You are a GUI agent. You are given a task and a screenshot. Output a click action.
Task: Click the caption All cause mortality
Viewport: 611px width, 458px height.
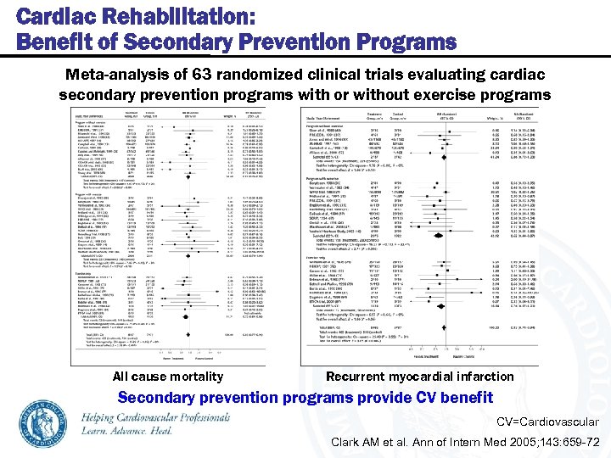pos(167,377)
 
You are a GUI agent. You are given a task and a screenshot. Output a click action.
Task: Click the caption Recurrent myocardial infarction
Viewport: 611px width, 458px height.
pos(420,377)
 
